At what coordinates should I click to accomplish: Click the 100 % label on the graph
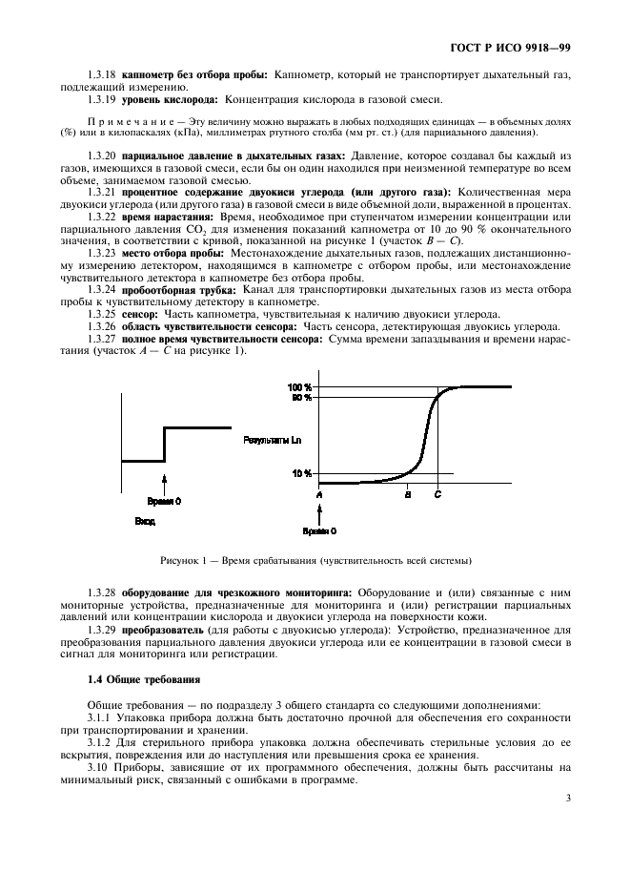(300, 387)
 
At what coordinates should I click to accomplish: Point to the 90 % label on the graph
(302, 397)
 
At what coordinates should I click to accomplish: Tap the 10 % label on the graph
(302, 473)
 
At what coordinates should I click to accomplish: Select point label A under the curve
(319, 495)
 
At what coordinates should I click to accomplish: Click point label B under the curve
(408, 495)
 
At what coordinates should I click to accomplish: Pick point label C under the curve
(437, 495)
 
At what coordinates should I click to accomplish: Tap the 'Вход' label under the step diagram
(145, 522)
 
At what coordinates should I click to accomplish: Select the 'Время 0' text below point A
(319, 530)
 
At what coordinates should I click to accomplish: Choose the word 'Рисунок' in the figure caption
(182, 560)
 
